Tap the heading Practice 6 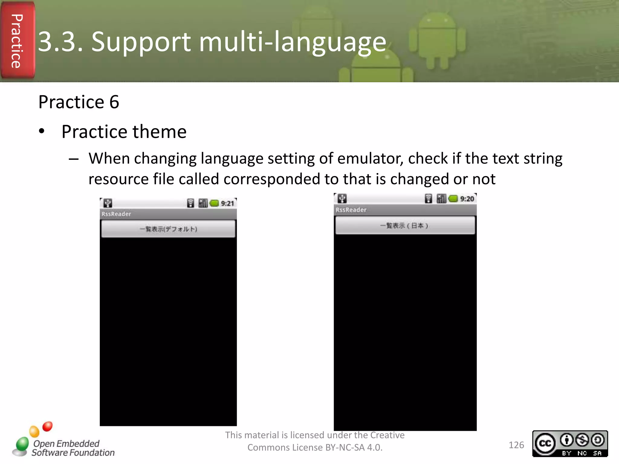pos(79,102)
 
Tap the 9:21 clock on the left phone pos(227,203)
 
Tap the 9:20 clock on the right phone pos(467,199)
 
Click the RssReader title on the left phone pos(116,214)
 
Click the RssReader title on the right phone pos(351,210)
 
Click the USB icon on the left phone pos(108,203)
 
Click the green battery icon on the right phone pos(453,199)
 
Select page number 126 pos(516,445)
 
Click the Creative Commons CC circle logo pos(545,443)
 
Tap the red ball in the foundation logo pos(47,426)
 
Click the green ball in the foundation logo pos(22,444)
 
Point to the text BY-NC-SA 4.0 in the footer pos(354,447)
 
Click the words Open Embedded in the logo pos(66,443)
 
